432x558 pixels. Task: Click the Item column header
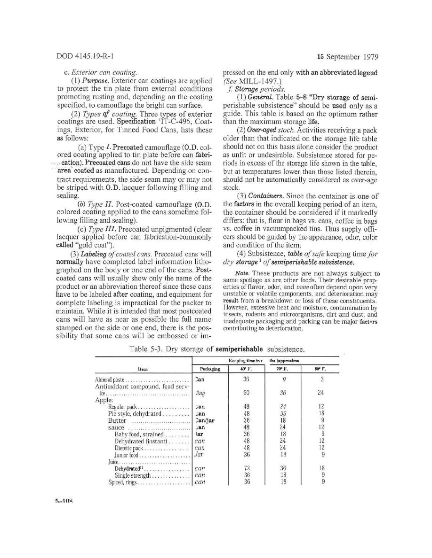pos(144,369)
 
